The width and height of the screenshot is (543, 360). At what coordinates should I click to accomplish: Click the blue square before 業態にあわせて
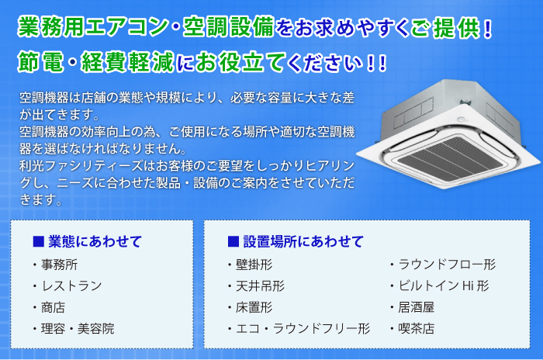(39, 241)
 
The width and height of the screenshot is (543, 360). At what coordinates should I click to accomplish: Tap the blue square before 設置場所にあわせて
(233, 241)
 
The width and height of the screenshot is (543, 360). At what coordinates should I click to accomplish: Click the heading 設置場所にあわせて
(303, 241)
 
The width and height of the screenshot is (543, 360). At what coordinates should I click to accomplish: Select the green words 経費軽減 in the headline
(127, 62)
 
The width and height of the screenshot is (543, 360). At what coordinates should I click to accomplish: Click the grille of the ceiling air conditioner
(450, 157)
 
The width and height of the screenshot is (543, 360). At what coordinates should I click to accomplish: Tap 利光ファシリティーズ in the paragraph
(81, 165)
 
